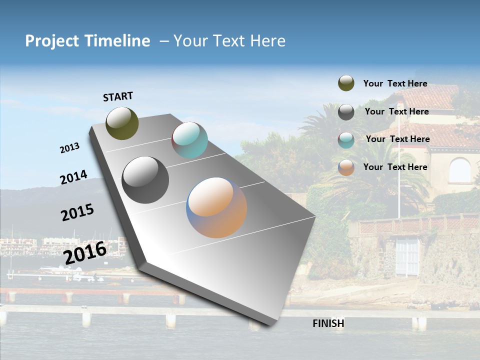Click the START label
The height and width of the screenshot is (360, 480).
[118, 96]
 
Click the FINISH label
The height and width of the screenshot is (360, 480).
[328, 323]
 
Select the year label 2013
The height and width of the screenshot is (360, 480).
[69, 148]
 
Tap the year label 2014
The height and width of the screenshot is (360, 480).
[73, 177]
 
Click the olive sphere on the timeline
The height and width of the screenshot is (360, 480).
[122, 123]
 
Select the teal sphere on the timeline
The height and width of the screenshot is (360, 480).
[189, 140]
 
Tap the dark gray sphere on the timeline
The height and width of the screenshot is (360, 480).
[145, 180]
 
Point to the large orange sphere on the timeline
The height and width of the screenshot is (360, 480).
[216, 207]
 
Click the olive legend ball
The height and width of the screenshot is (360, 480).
[346, 83]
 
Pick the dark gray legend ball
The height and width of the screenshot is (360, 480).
[346, 112]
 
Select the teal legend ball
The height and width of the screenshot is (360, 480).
[346, 140]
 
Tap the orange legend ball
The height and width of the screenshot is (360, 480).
[346, 167]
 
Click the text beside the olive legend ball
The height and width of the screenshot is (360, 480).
[395, 83]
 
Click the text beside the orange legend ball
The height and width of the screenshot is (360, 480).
[395, 167]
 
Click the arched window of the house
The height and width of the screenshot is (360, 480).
[459, 170]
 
